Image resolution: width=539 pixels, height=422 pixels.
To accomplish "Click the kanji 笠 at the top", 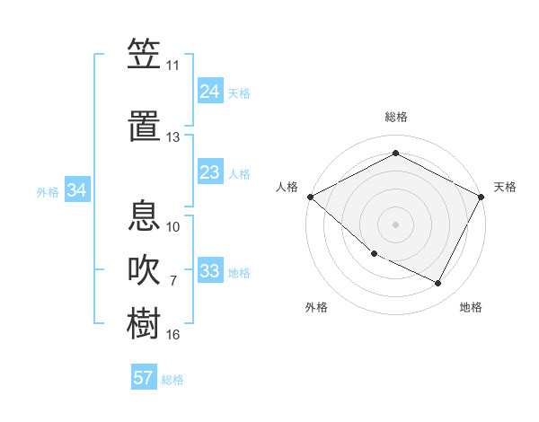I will click(144, 56).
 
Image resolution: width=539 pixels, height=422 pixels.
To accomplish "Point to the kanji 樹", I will click(144, 323).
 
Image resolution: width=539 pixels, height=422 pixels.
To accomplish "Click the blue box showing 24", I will click(210, 92).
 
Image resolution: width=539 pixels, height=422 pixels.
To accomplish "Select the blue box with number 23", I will click(210, 172).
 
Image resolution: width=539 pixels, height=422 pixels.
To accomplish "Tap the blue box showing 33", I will click(210, 271).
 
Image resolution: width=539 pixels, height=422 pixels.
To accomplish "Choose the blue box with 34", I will click(77, 190).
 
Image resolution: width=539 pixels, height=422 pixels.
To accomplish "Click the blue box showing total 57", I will click(144, 378).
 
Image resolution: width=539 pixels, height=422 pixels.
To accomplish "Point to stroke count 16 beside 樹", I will click(173, 335).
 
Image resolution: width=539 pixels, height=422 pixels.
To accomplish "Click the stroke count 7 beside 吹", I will click(173, 281).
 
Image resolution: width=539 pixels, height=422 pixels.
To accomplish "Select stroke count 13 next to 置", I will click(173, 137).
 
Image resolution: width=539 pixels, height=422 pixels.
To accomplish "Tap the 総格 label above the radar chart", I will click(395, 117).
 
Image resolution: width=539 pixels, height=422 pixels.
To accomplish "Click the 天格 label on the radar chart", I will click(505, 187).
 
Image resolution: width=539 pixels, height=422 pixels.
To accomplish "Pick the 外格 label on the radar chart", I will click(316, 307).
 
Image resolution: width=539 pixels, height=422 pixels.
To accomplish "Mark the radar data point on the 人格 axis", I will click(310, 197).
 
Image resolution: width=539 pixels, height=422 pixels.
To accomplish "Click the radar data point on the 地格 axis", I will click(438, 284).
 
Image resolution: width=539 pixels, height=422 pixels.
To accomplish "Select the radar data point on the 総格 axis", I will click(395, 153).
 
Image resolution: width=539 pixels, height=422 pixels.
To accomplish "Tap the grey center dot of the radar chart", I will click(395, 224).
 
